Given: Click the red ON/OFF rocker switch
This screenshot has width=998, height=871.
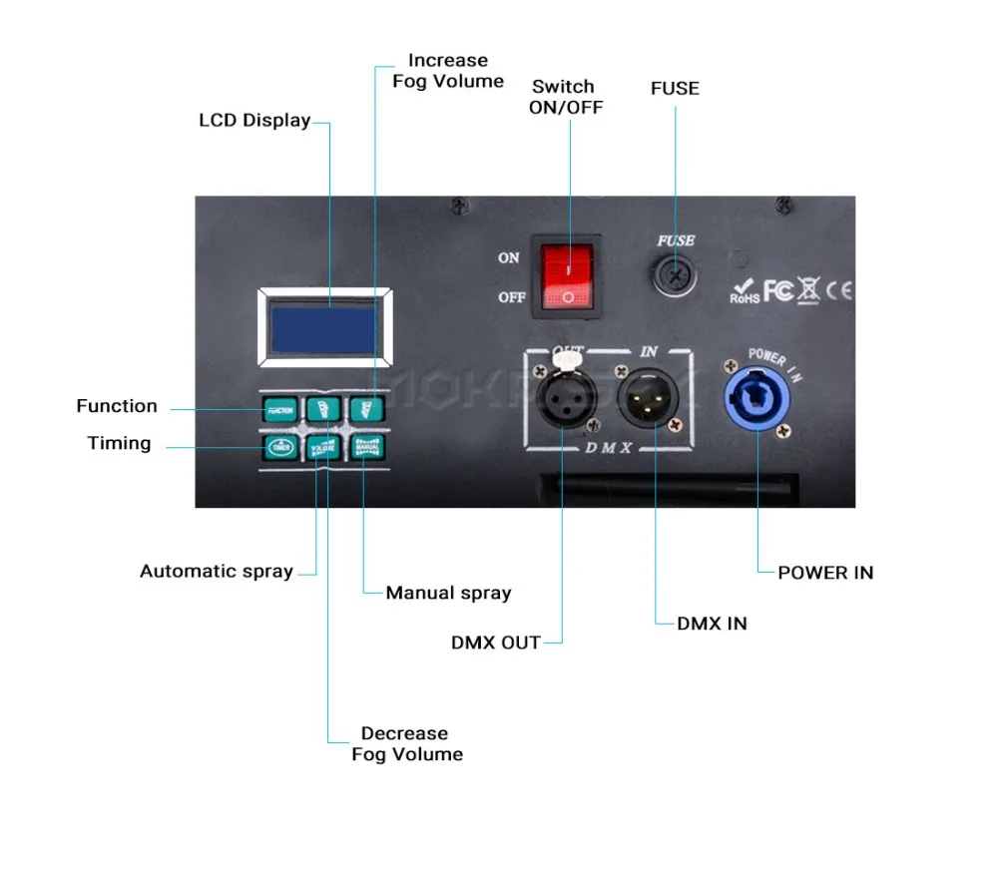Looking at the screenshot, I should pos(567,276).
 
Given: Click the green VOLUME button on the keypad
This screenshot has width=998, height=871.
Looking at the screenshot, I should pos(322,447).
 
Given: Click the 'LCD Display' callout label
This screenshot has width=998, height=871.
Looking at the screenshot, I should pos(254,121).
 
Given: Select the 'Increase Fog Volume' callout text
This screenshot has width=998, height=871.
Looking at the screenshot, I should pos(448,71).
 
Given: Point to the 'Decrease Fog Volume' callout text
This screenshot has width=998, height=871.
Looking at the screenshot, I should pos(407,744).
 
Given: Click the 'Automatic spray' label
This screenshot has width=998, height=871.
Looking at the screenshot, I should pos(217,572).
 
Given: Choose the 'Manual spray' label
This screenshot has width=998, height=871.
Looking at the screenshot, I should pos(448,593).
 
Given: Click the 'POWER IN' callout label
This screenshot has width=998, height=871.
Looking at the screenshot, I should pos(825,573).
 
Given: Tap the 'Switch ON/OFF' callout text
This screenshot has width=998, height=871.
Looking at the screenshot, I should pos(565,97).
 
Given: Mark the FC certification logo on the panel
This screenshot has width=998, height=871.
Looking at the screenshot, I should pos(778,290).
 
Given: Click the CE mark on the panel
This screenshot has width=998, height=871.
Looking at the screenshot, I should pos(840,291).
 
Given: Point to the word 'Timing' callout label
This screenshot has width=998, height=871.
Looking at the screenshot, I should pos(119,443).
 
